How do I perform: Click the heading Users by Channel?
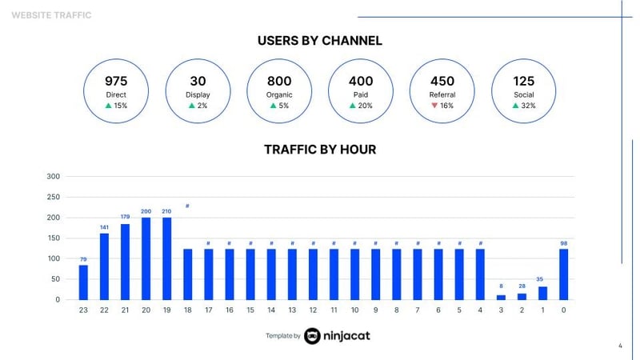[x=320, y=40]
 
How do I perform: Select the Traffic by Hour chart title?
[x=320, y=150]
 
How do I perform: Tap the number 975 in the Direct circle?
[x=116, y=81]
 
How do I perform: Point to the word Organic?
[x=279, y=94]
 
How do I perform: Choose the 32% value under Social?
[x=528, y=106]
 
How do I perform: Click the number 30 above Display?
[x=198, y=81]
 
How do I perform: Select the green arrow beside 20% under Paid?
[x=353, y=106]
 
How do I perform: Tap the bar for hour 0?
[x=564, y=274]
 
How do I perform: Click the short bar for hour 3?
[x=502, y=297]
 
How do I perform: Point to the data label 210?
[x=166, y=211]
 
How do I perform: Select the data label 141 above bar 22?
[x=104, y=227]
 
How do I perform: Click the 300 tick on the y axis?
[x=53, y=176]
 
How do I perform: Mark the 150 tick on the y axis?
[x=53, y=238]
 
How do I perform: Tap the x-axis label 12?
[x=313, y=310]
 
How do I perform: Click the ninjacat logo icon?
[x=312, y=336]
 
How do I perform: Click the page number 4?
[x=620, y=346]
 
